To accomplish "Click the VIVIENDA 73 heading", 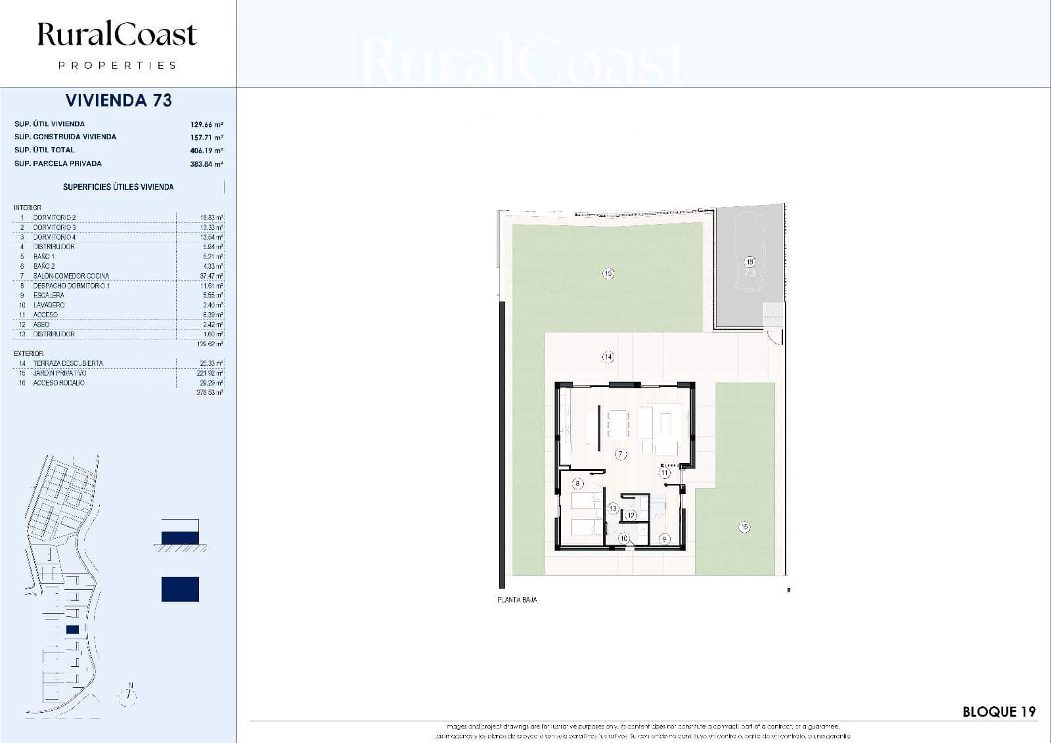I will (x=119, y=101).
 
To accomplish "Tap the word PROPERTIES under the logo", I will (x=118, y=66).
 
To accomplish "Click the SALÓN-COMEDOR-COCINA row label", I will (x=71, y=276).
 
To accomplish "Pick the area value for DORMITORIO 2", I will (x=211, y=217).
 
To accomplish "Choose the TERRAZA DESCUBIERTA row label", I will (x=68, y=363).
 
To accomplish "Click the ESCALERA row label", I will (x=49, y=295).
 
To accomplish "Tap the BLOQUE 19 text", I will (x=998, y=711).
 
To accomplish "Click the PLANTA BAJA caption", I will (x=517, y=600).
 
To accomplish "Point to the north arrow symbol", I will (x=129, y=694).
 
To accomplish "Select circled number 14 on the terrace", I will (x=608, y=357).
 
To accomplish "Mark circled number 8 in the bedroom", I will (x=578, y=484).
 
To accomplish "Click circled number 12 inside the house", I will (x=631, y=516).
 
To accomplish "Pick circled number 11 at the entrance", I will (x=664, y=472).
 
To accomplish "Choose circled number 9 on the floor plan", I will (x=664, y=539).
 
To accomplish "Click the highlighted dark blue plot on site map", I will (x=72, y=629).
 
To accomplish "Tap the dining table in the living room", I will (x=618, y=424).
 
